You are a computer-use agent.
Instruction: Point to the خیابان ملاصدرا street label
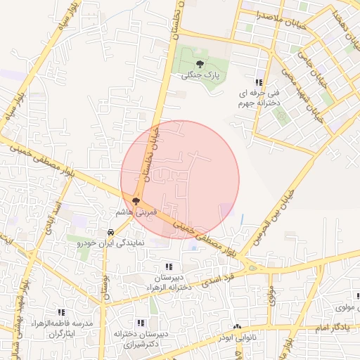(x=261, y=15)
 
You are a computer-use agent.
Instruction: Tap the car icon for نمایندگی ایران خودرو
(x=110, y=231)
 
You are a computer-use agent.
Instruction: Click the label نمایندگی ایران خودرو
(x=110, y=242)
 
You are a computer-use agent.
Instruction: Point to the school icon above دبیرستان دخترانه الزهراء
(x=168, y=266)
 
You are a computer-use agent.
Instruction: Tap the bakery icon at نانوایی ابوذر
(x=236, y=327)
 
